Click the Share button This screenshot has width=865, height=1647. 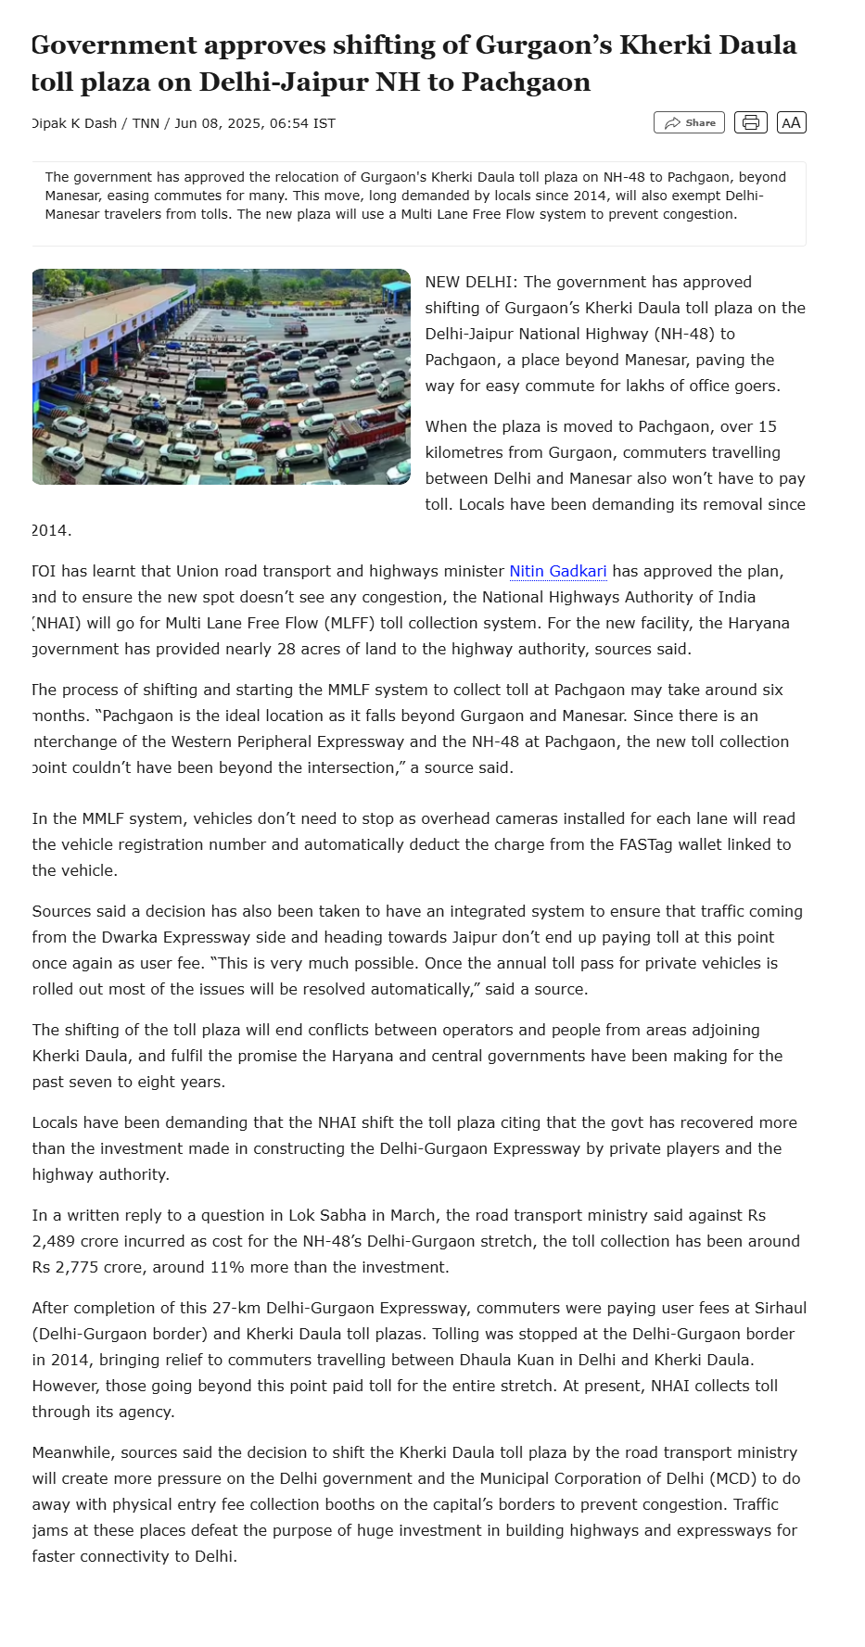pos(690,122)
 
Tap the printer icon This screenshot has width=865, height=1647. pos(750,122)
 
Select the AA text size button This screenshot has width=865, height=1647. pos(791,122)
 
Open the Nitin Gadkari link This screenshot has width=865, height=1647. pos(558,571)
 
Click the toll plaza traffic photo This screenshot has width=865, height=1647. pos(221,376)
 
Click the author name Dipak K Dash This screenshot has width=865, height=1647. pos(74,123)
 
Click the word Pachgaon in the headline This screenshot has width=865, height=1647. pos(526,82)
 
